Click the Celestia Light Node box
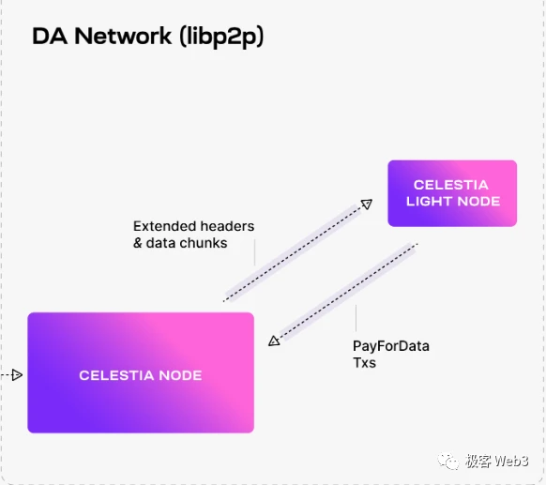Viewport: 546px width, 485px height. (x=451, y=193)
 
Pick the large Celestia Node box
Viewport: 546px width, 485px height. (x=141, y=373)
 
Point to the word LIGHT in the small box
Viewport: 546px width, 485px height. (x=429, y=201)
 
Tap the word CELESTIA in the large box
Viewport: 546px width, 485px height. (x=117, y=375)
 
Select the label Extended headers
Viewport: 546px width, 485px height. (x=193, y=226)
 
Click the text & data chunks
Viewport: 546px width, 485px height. (x=180, y=242)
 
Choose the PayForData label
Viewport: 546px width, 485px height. (x=390, y=346)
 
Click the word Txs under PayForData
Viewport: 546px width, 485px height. (x=364, y=362)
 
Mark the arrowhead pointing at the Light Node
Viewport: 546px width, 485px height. (x=367, y=204)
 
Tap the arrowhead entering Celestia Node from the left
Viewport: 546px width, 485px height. (x=16, y=375)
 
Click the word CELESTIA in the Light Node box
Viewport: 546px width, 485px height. (x=451, y=186)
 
